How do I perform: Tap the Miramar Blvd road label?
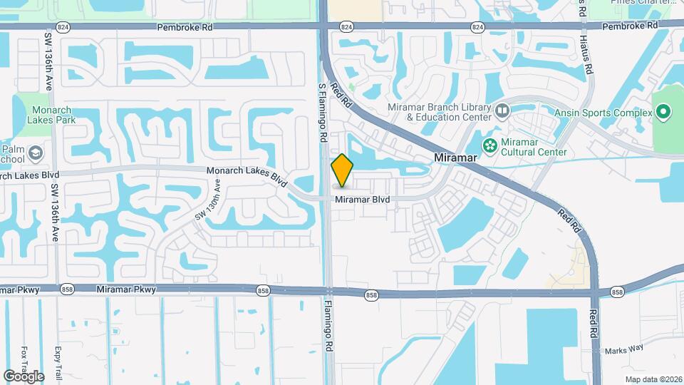(362, 200)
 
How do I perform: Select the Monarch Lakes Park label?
(53, 115)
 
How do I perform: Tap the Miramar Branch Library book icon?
(502, 111)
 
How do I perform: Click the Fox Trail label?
(24, 362)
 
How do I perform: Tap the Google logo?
(24, 376)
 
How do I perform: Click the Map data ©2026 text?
(653, 379)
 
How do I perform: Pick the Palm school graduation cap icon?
(34, 153)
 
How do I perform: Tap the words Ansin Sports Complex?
(603, 113)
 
